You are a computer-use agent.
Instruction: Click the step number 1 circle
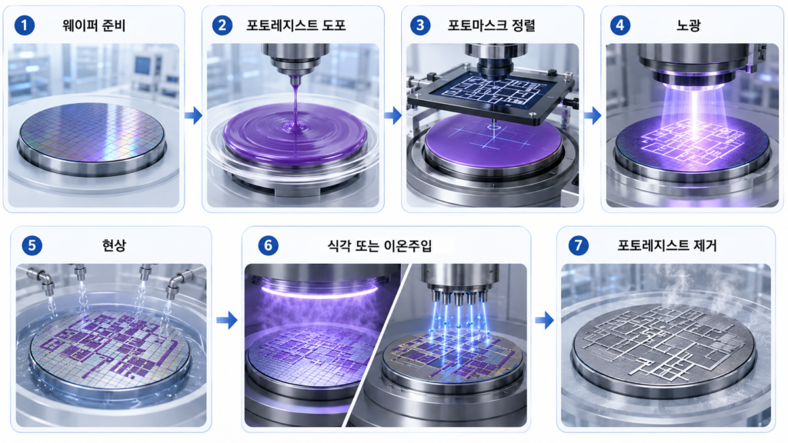coord(24,25)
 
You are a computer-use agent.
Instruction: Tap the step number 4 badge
coord(620,25)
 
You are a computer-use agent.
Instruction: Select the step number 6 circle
coord(268,245)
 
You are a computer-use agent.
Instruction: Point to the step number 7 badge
coord(579,245)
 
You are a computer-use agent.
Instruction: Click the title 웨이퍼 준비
coord(94,25)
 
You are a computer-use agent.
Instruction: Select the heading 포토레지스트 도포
coord(296,25)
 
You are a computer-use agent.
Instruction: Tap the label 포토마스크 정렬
coord(492,25)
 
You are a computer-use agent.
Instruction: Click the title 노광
coord(689,25)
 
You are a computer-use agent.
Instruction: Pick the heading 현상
coord(114,245)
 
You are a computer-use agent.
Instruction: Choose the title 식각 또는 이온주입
coord(379,245)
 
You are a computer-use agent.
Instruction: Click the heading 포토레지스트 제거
coord(667,245)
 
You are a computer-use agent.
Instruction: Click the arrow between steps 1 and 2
coord(193,115)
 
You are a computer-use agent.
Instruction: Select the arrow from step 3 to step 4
coord(593,115)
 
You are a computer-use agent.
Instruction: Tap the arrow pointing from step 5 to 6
coord(227,320)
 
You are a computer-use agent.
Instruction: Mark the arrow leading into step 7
coord(545,320)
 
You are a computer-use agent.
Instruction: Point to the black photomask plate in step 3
coord(491,95)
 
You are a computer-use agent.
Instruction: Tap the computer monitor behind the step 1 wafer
coord(142,66)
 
